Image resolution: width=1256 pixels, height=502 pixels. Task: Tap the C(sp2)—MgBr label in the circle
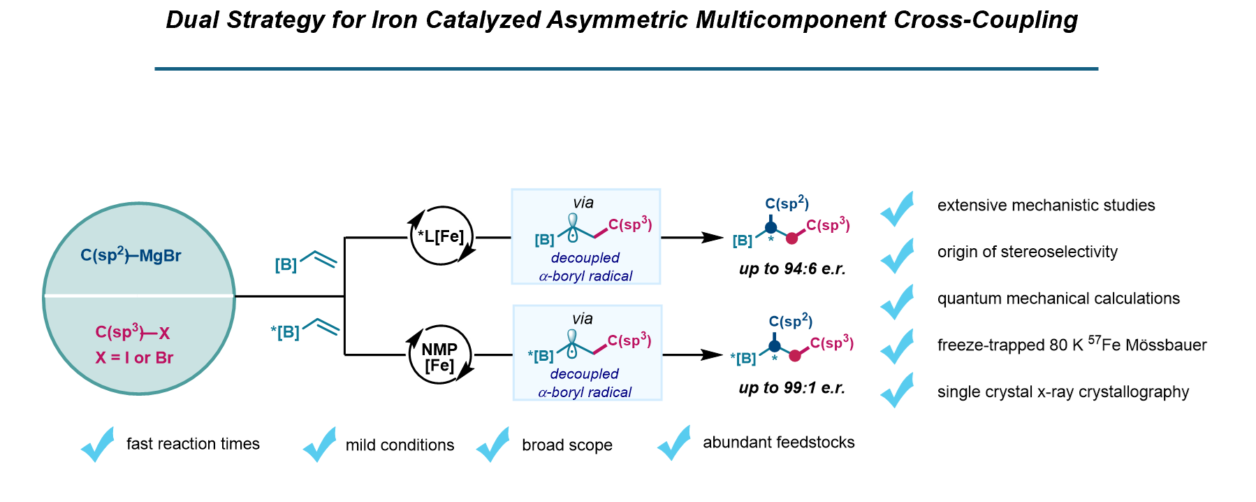(x=131, y=255)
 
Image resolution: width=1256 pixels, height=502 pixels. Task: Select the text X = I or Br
(x=134, y=358)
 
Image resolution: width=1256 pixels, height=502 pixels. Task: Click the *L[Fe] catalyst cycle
(x=441, y=236)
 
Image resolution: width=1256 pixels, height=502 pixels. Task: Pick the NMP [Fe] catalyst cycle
(x=439, y=357)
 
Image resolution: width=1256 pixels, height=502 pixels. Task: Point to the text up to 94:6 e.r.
(x=792, y=269)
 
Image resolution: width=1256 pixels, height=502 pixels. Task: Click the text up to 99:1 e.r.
(x=791, y=388)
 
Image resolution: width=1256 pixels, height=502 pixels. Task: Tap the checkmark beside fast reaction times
(x=98, y=445)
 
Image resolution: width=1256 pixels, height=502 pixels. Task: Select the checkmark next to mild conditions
(x=320, y=445)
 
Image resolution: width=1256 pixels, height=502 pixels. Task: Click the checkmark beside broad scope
(x=493, y=445)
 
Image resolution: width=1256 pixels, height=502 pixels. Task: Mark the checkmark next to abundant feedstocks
(x=675, y=443)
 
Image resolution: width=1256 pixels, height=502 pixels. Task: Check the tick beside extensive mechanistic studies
(x=898, y=208)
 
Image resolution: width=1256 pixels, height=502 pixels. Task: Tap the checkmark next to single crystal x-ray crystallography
(x=898, y=390)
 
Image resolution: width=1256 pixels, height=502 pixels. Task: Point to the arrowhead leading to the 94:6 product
(x=714, y=238)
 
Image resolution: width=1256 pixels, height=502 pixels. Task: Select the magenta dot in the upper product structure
(x=791, y=238)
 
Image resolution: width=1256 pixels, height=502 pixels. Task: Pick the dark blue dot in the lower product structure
(x=774, y=346)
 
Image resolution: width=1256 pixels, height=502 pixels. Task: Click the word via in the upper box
(x=583, y=203)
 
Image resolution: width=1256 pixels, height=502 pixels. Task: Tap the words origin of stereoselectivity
(x=1027, y=252)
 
